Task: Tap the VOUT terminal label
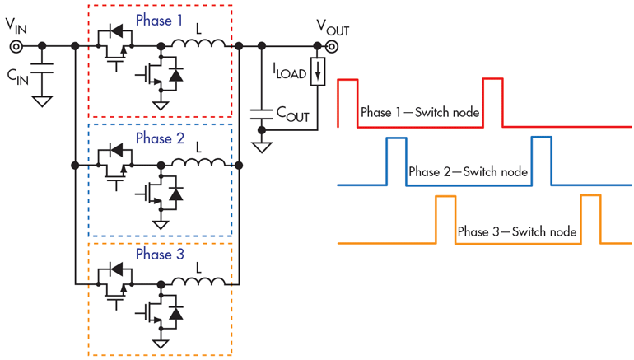[333, 29]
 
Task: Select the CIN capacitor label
[21, 76]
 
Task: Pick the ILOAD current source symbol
[318, 72]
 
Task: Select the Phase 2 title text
[160, 138]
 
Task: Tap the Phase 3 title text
[160, 255]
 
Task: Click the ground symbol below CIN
[42, 101]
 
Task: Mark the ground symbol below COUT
[262, 147]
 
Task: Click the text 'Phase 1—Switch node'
[419, 112]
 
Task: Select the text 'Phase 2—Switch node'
[468, 171]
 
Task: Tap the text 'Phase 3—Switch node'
[516, 231]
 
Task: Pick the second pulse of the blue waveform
[541, 161]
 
